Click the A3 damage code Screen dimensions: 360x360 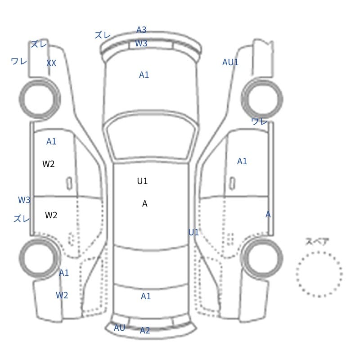coord(141,30)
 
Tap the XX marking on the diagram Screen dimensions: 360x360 coord(51,63)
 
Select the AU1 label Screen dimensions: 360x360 coord(230,62)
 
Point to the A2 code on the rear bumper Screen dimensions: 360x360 coord(145,330)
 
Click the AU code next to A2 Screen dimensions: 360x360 coord(119,328)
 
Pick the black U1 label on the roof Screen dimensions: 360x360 coord(142,181)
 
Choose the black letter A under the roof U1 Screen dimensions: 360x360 coord(144,203)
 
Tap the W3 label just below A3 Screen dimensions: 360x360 coord(141,43)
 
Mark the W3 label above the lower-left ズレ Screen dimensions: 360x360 coord(24,200)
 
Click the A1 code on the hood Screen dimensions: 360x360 coord(144,75)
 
